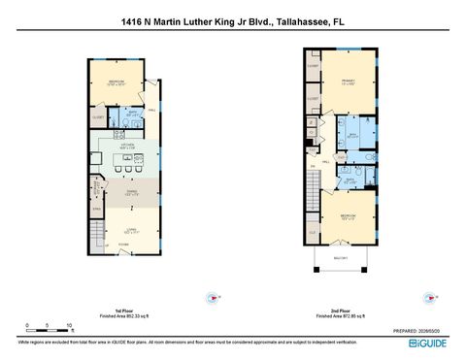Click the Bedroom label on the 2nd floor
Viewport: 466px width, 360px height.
[x=346, y=215]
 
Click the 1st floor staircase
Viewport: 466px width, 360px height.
[x=96, y=233]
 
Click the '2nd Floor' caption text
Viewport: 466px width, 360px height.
[x=338, y=311]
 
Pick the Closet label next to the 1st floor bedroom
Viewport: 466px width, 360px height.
[x=98, y=118]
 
